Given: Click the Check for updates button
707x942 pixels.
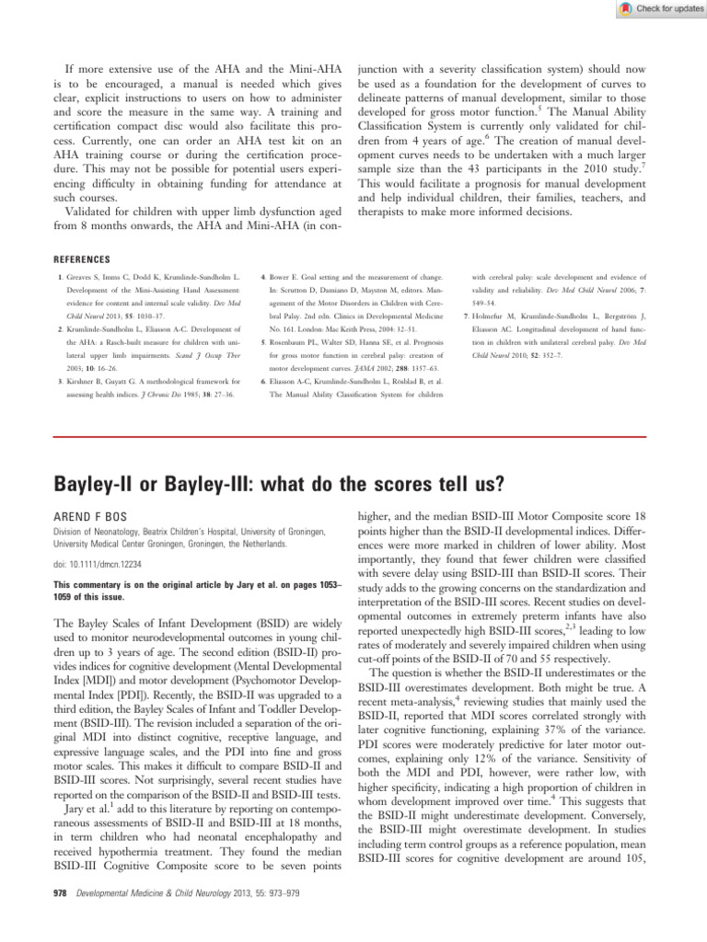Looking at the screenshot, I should coord(655,8).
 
